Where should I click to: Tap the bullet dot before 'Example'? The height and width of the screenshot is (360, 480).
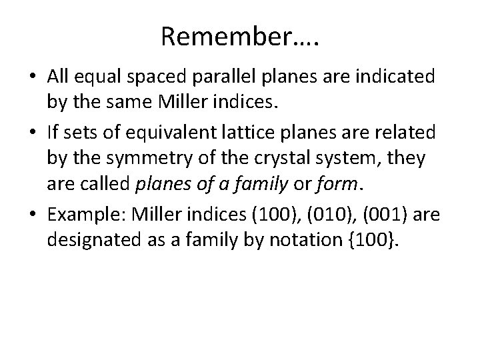(34, 215)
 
